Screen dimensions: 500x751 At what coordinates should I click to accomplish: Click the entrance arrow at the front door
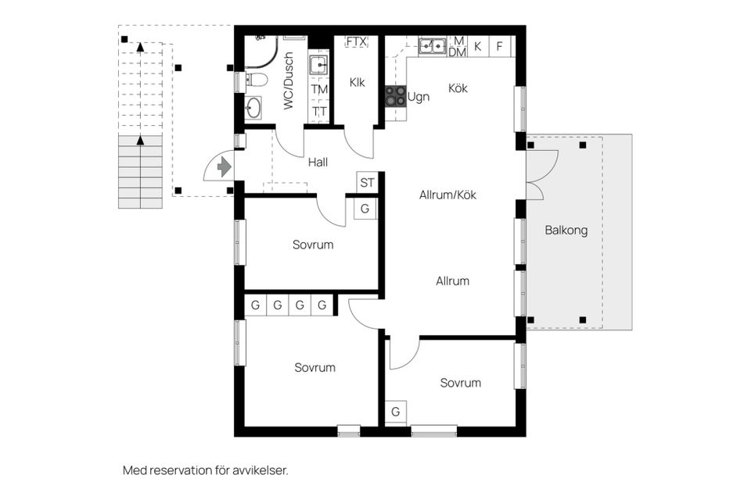pos(225,166)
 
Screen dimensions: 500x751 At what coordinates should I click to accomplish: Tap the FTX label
pos(357,41)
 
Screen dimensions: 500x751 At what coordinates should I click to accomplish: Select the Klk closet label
pos(358,82)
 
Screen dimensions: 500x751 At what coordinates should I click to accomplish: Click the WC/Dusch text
pos(289,80)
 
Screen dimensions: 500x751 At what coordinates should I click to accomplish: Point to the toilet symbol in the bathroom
pos(257,79)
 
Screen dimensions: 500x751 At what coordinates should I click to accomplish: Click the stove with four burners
pos(395,96)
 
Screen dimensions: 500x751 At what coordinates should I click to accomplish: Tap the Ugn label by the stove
pos(419,98)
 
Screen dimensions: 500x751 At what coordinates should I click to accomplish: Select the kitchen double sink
pos(432,46)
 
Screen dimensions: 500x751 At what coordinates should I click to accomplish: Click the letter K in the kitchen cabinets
pos(477,46)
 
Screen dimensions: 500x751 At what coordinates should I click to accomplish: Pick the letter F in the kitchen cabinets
pos(499,46)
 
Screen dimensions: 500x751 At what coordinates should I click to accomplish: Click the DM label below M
pos(458,52)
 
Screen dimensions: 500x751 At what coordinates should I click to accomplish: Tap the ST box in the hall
pos(367,184)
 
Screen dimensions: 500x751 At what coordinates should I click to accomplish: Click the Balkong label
pos(566,230)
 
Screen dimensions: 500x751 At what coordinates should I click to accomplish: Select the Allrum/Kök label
pos(447,195)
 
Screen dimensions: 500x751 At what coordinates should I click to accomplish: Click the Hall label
pos(318,162)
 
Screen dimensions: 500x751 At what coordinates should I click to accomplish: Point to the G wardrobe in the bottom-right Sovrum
pos(396,412)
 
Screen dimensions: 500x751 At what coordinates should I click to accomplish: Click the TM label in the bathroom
pos(319,90)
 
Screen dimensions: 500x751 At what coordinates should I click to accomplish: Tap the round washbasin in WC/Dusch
pos(253,108)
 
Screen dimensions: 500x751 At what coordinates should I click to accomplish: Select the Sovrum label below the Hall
pos(313,245)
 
